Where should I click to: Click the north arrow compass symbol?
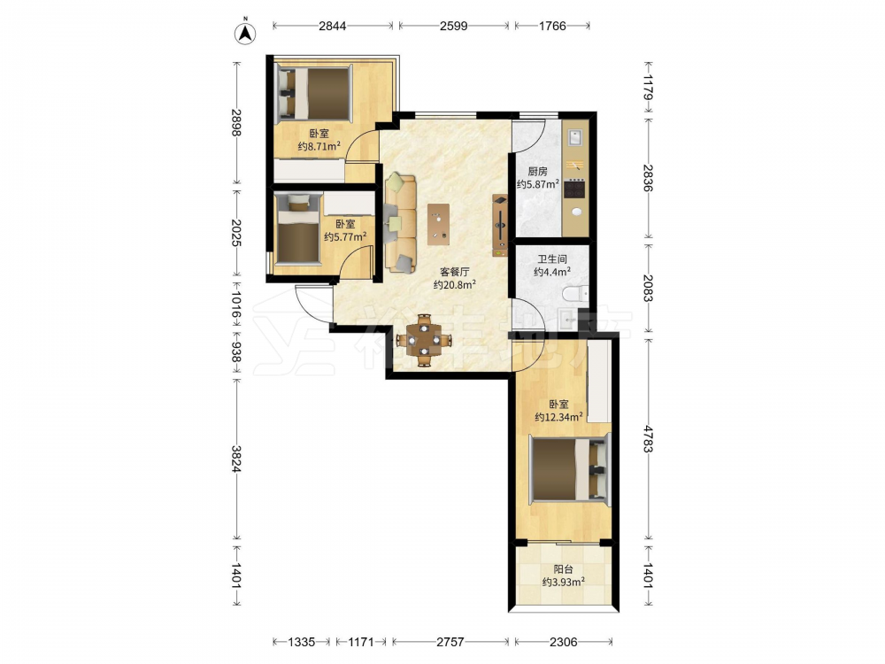pos(245,32)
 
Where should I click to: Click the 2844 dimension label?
pos(333,26)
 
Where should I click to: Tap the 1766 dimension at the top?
pos(552,26)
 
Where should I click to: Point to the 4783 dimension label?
pos(648,438)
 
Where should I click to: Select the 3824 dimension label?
pos(237,459)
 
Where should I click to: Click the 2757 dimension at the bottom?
pos(450,641)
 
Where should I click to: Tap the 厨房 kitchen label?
pos(537,171)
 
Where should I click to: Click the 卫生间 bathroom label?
pos(552,259)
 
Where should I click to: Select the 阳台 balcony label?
pos(563,569)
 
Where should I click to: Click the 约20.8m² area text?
pos(454,284)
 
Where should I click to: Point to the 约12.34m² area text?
pos(558,417)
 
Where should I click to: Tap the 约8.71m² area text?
pos(319,146)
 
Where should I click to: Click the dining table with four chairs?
pos(424,341)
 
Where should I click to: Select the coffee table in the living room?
pos(439,224)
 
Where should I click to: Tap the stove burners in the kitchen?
pos(574,189)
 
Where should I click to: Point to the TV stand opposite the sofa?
pos(500,225)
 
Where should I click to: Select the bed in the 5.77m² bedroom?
pos(298,230)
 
